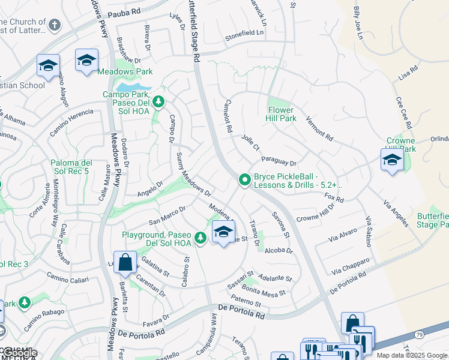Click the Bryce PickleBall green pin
click(244, 179)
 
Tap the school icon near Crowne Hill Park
click(391, 160)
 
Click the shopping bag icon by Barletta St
click(124, 262)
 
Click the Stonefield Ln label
click(244, 35)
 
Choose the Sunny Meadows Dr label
click(193, 175)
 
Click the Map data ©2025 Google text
click(412, 355)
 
